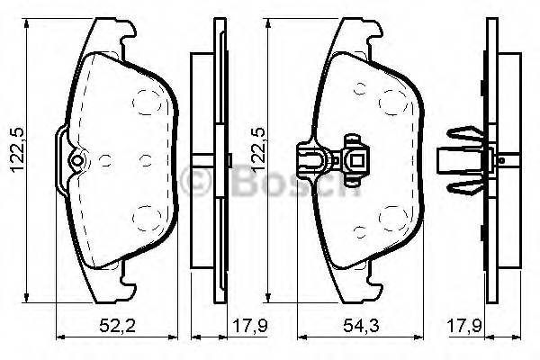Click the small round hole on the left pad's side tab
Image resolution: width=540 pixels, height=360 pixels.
click(x=76, y=162)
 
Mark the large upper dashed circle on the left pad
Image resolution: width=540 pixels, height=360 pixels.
click(x=145, y=99)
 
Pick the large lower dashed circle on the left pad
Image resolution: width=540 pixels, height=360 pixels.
click(x=145, y=216)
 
